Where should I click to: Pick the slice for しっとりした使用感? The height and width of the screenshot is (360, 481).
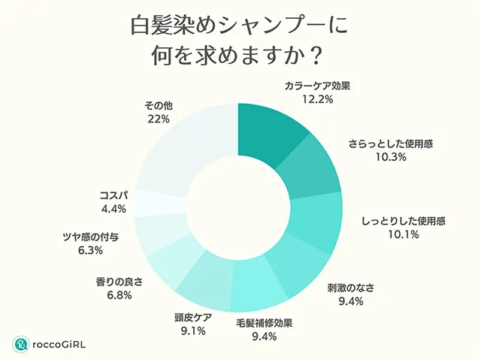316,219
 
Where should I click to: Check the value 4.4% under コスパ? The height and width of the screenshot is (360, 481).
113,209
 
